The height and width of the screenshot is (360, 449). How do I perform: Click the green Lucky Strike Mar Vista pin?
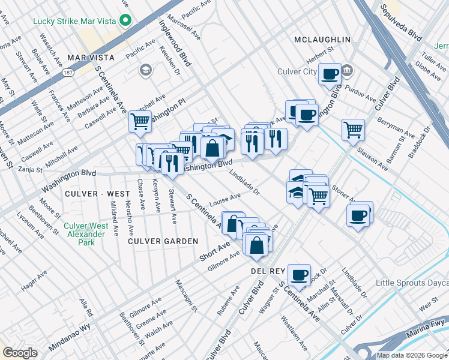click(x=125, y=21)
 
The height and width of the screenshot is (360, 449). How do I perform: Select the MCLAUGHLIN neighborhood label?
click(x=322, y=40)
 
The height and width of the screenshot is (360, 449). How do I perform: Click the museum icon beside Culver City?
click(x=348, y=72)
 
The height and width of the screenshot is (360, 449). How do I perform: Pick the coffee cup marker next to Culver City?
click(x=330, y=74)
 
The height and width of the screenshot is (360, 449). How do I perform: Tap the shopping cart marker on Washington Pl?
click(x=140, y=121)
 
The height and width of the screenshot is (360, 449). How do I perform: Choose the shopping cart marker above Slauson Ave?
click(x=353, y=129)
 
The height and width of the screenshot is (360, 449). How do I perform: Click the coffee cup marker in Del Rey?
click(x=298, y=275)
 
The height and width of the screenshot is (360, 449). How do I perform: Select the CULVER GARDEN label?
click(x=163, y=241)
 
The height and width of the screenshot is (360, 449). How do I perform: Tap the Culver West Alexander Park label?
click(x=86, y=235)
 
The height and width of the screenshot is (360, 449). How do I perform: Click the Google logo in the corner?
click(x=20, y=353)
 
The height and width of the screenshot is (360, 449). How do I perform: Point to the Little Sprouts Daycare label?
click(x=412, y=283)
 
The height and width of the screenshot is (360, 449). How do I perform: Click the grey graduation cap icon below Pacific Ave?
click(x=145, y=71)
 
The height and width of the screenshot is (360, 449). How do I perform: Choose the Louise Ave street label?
click(x=225, y=197)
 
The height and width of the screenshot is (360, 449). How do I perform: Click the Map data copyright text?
click(x=412, y=355)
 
